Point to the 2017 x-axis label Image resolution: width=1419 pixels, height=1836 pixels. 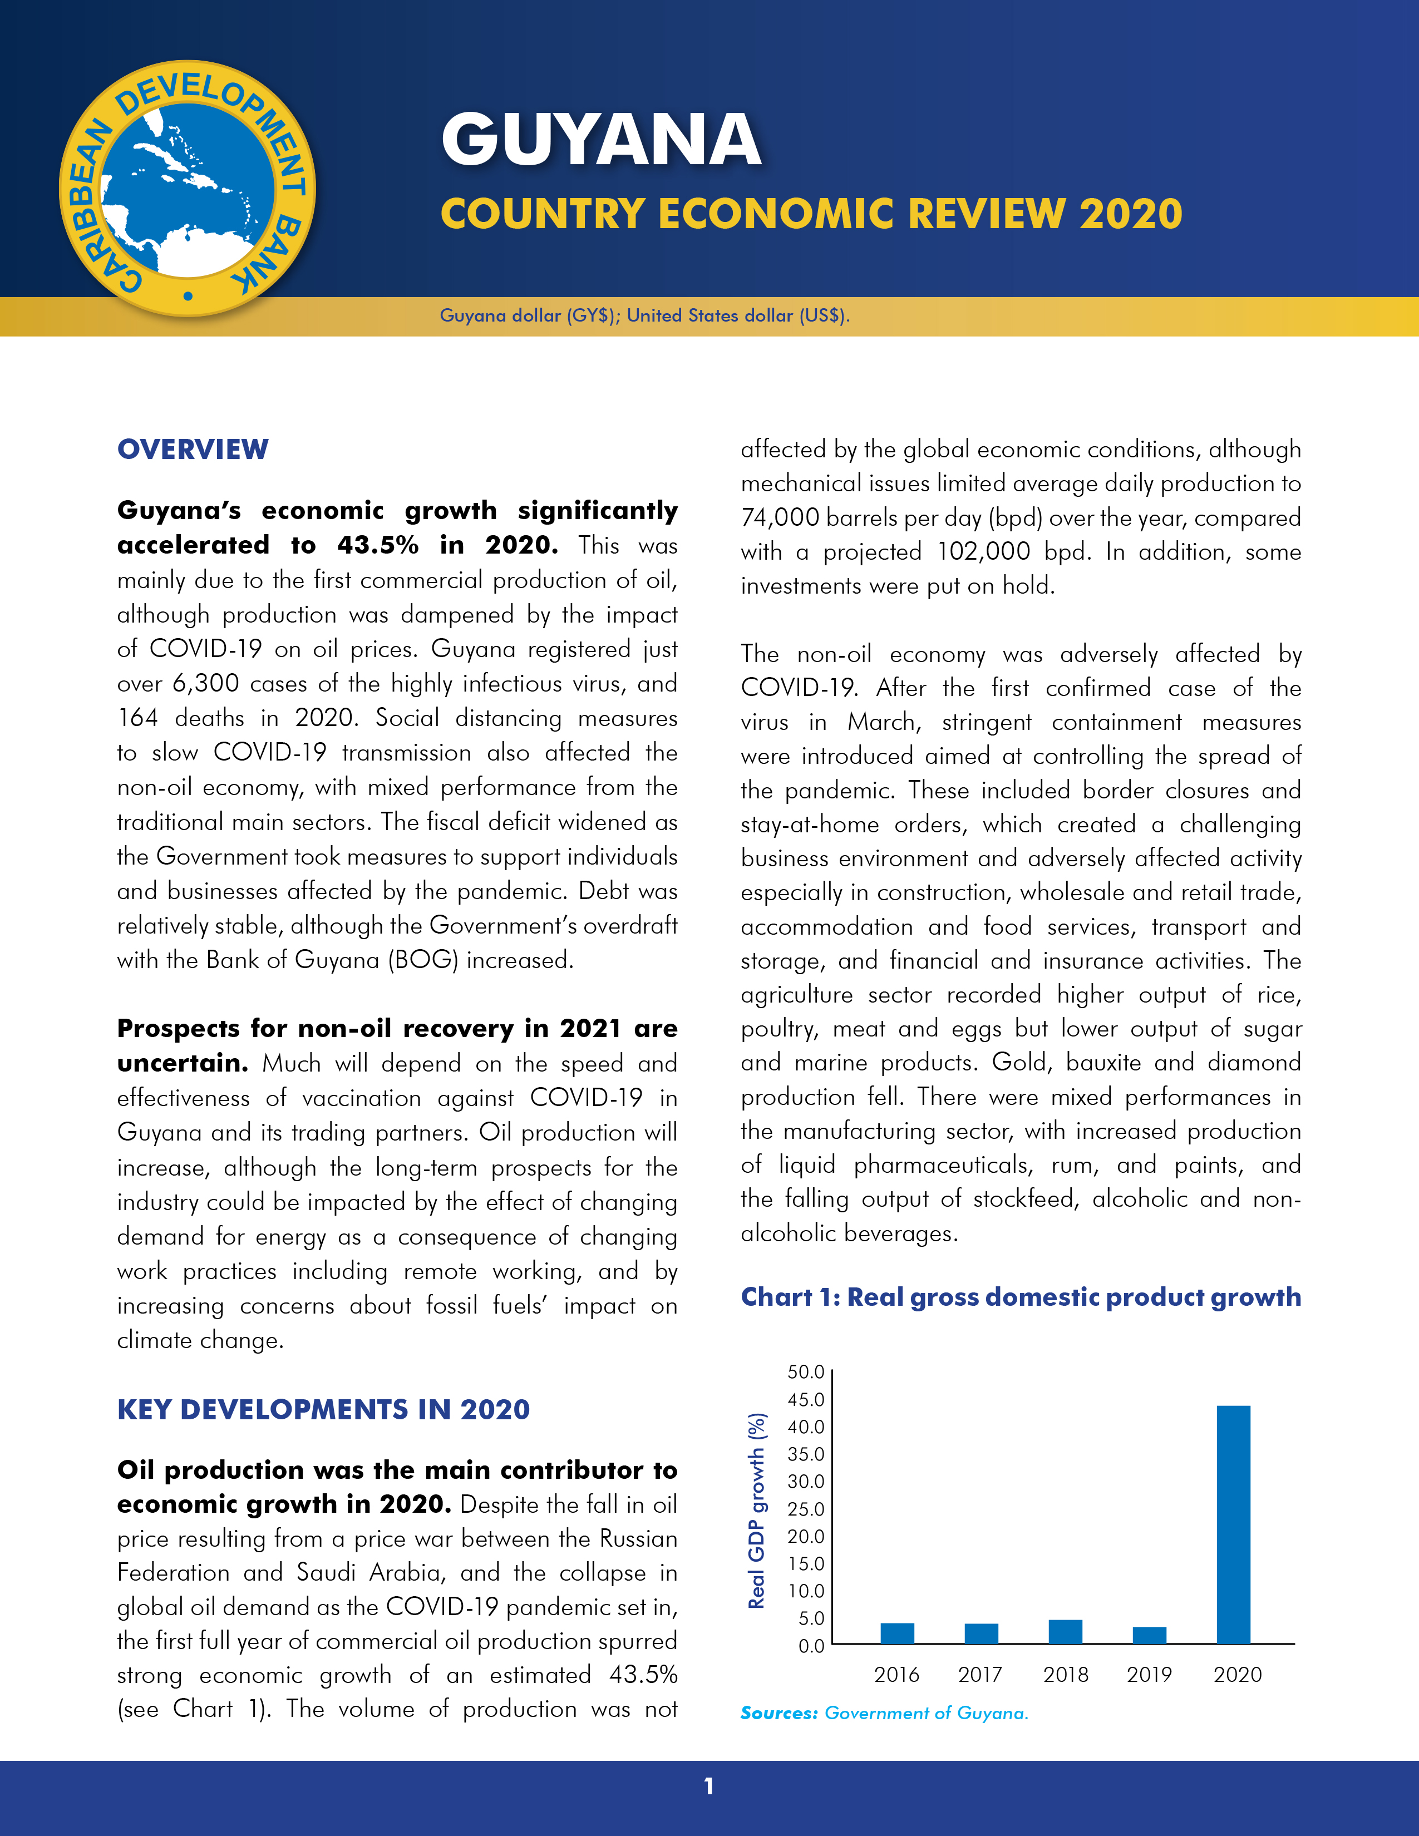980,1675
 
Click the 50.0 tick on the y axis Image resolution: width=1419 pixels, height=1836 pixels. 805,1372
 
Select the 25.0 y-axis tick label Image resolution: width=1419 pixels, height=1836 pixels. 805,1509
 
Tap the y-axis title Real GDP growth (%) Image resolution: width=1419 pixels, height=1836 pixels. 757,1510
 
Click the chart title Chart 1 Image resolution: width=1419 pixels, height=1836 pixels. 1021,1297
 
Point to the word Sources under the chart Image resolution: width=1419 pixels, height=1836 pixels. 779,1713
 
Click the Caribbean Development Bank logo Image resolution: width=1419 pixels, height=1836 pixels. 188,188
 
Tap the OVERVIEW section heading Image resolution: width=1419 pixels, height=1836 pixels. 193,449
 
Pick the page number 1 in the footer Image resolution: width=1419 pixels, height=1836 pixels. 708,1785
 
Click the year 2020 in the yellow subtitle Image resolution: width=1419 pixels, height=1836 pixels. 1131,214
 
